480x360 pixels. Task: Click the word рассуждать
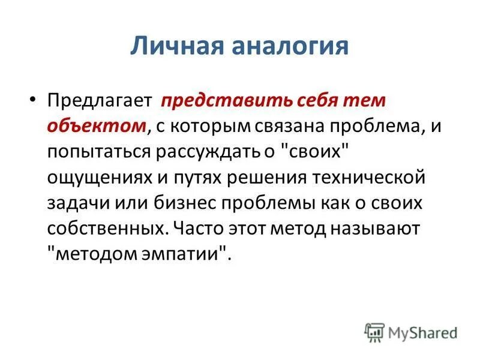click(205, 152)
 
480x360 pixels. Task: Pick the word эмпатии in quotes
click(191, 254)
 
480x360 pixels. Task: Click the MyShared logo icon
click(374, 331)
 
